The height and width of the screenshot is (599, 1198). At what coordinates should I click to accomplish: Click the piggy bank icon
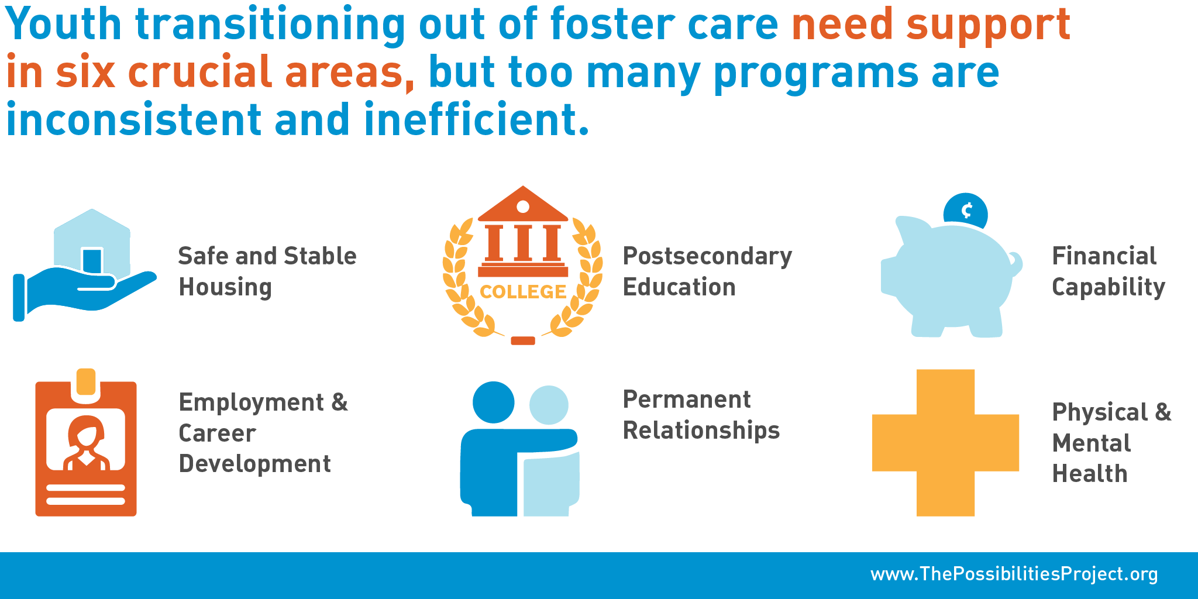coord(951,278)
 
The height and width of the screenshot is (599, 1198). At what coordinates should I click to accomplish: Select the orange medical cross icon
coord(945,443)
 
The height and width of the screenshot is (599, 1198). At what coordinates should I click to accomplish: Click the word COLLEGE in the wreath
coord(522,291)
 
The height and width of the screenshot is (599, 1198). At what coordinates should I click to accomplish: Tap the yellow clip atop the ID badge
coord(86,381)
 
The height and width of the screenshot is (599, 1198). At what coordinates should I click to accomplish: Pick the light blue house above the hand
coord(92,243)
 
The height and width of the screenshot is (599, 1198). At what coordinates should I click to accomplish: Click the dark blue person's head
coord(493,402)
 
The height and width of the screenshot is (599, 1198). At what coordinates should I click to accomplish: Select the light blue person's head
coord(549,405)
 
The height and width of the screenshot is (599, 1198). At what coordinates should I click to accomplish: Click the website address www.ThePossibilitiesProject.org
coord(1014,574)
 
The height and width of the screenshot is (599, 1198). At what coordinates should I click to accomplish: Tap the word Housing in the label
coord(225,287)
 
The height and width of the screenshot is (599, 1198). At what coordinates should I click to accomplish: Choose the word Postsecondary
coord(707,256)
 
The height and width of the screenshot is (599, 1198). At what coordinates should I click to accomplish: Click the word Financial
coord(1104,256)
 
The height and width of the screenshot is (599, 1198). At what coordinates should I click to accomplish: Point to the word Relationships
coord(701,430)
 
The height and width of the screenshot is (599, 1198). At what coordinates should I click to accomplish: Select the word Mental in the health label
coord(1092,443)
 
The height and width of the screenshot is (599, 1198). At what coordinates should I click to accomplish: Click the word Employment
coord(252,402)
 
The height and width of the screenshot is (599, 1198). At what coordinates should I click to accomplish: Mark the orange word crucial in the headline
coord(200,73)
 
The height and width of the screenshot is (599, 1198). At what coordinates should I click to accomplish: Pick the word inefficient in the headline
coord(476,119)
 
